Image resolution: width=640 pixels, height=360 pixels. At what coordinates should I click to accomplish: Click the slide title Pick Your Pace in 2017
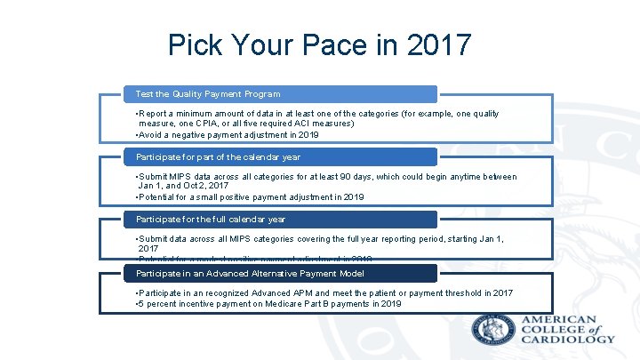pyautogui.click(x=320, y=44)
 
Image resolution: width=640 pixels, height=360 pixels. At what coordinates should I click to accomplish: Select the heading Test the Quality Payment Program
pyautogui.click(x=208, y=93)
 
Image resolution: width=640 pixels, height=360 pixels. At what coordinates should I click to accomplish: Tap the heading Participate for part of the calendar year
pyautogui.click(x=218, y=156)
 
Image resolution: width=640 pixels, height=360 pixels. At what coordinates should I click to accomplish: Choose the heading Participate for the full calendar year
pyautogui.click(x=210, y=219)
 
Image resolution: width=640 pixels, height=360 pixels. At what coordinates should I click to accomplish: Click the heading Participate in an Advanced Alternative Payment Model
pyautogui.click(x=250, y=273)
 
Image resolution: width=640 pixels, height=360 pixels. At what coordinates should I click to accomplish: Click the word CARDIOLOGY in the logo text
pyautogui.click(x=568, y=339)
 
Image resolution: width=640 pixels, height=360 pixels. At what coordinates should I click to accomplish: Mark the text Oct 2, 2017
pyautogui.click(x=208, y=187)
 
